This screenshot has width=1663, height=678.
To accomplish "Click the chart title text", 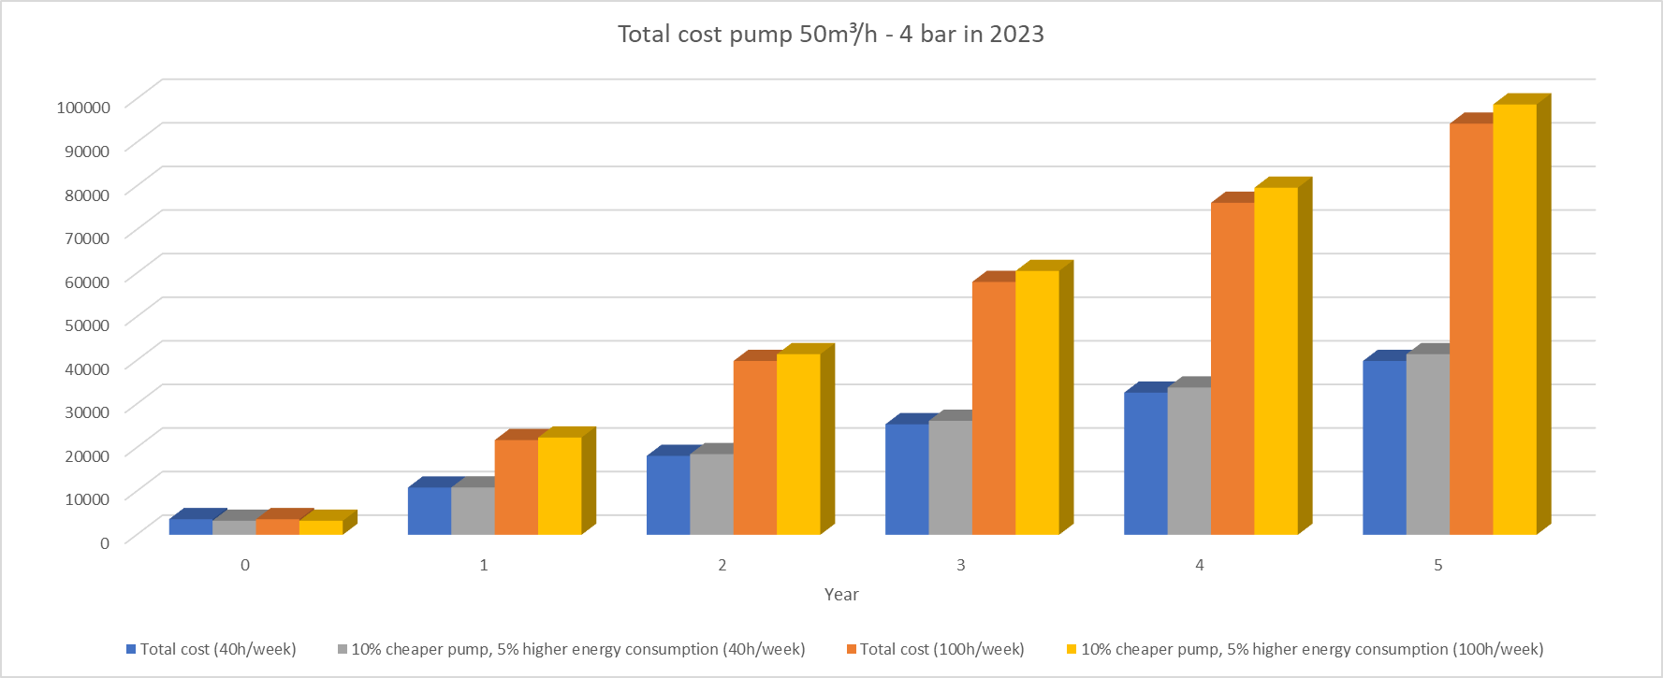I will click(x=830, y=35).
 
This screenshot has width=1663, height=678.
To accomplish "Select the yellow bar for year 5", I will click(x=1514, y=319).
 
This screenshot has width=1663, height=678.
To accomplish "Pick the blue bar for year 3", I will click(x=907, y=479).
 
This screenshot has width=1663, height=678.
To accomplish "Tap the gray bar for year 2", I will click(x=711, y=494).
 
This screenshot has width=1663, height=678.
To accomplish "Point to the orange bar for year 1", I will click(x=516, y=486).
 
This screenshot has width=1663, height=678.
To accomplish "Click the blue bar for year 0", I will click(x=191, y=527).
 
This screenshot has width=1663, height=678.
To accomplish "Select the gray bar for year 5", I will click(x=1427, y=443).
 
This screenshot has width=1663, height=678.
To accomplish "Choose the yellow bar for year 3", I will click(x=1037, y=402).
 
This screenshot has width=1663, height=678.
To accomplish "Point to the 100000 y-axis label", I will click(x=83, y=107).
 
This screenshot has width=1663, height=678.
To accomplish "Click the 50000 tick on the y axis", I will click(x=87, y=325).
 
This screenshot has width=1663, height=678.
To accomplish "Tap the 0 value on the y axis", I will click(x=105, y=542).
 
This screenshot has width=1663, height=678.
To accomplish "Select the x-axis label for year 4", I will click(x=1199, y=565).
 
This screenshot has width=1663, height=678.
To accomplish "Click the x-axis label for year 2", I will click(x=722, y=565).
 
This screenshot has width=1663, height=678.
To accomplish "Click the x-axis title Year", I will click(x=841, y=595).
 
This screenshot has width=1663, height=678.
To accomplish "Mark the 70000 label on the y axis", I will click(x=87, y=238).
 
